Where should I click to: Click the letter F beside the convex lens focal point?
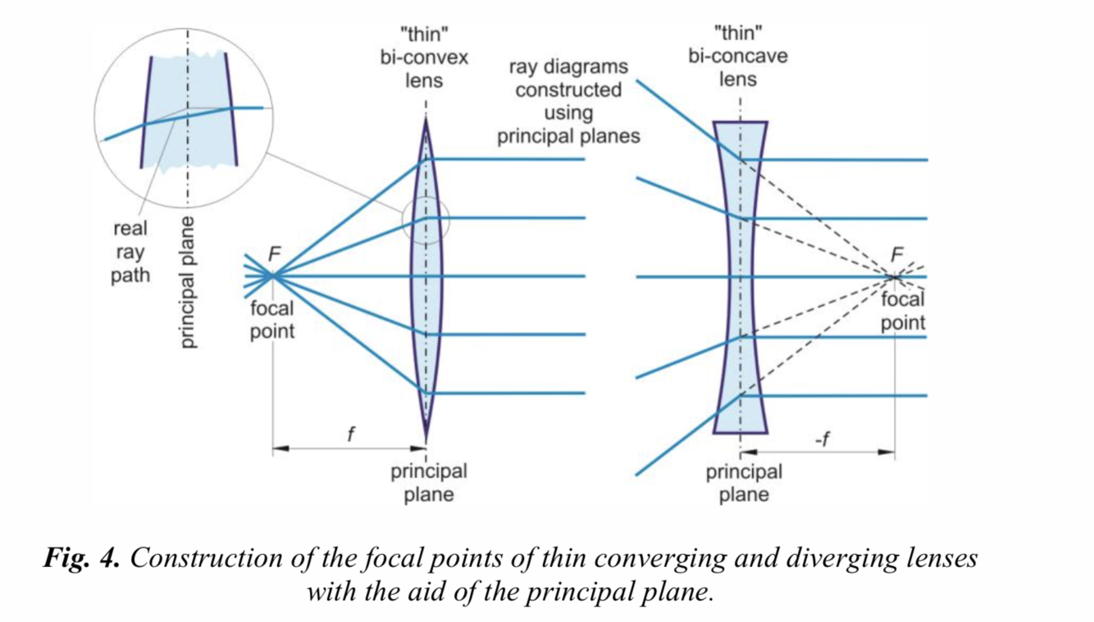click(x=276, y=254)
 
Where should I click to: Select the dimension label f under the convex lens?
click(x=350, y=433)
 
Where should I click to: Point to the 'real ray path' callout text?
click(x=130, y=252)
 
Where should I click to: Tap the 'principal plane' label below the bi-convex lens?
click(x=428, y=483)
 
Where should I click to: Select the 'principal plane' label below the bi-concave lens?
click(x=744, y=483)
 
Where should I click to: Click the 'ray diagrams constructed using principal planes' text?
click(x=568, y=101)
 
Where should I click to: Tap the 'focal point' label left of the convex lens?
click(x=271, y=320)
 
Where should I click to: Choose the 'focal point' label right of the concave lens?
click(x=903, y=311)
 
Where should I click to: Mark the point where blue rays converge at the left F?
click(x=272, y=277)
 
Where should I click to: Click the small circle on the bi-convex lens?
click(x=426, y=220)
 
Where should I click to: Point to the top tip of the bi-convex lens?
click(x=426, y=121)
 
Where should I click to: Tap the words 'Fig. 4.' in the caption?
click(x=82, y=559)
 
